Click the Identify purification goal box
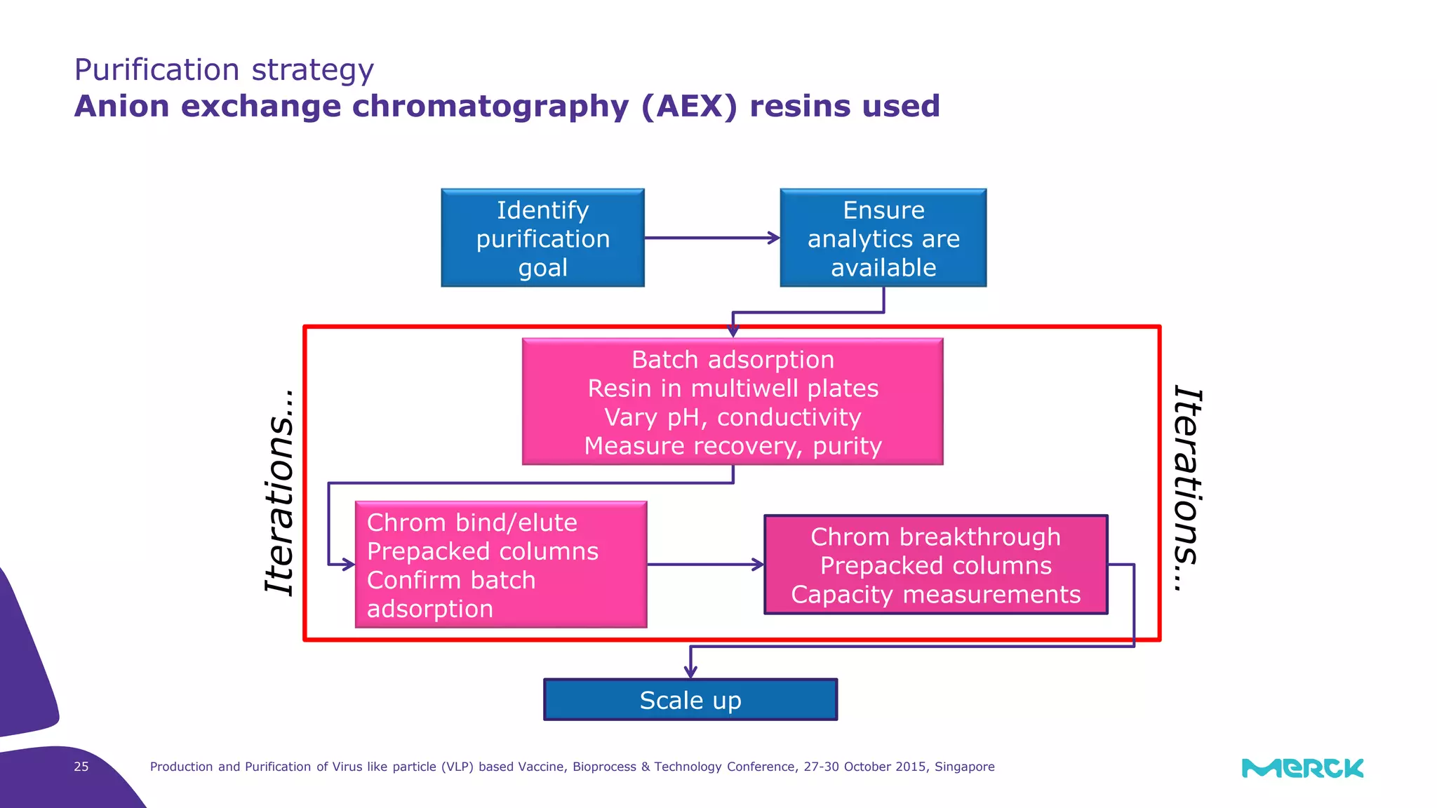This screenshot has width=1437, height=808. tap(542, 238)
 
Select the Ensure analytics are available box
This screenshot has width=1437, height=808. tap(883, 238)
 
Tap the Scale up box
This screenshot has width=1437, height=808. tap(690, 700)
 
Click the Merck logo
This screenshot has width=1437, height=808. tap(1302, 768)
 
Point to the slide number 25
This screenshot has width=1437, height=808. tap(81, 767)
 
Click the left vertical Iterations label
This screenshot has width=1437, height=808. tap(280, 492)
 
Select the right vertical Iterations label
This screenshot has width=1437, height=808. tap(1189, 489)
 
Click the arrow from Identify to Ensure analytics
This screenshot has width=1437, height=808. tap(711, 238)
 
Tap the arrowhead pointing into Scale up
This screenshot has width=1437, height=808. tap(690, 671)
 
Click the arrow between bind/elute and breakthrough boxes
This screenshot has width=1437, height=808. tap(704, 565)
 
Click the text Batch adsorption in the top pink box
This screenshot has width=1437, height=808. tap(733, 360)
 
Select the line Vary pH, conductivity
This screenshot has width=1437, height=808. tap(733, 417)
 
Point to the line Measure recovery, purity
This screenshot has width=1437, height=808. tap(733, 446)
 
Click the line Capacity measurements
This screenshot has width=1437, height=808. tap(935, 595)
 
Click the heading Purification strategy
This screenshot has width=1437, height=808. tap(224, 70)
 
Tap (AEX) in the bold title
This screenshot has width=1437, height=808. tap(689, 107)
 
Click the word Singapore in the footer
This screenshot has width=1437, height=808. tap(964, 767)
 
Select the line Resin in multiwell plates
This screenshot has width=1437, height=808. tap(733, 389)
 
